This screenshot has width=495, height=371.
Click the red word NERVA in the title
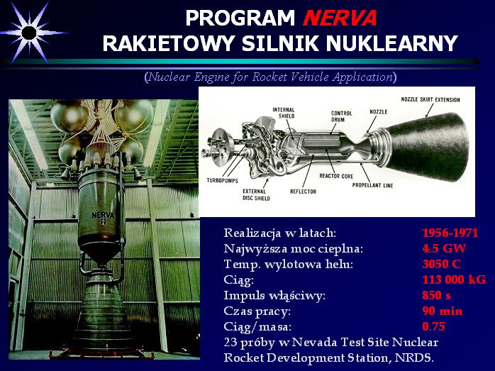[x=340, y=18]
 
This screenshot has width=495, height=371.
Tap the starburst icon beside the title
[x=29, y=33]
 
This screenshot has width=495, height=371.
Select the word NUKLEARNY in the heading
[x=391, y=43]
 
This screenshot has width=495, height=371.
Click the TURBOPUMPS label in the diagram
[x=222, y=181]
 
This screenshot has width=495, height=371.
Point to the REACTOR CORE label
[x=336, y=176]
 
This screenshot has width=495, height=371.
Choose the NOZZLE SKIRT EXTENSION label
[x=430, y=100]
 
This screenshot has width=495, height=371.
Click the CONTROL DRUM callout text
[x=341, y=116]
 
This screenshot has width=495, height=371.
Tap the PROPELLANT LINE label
[x=372, y=185]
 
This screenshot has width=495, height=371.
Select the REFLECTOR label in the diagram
[x=303, y=192]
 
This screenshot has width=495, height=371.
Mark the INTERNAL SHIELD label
[x=284, y=113]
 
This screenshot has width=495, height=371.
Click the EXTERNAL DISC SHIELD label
[x=256, y=195]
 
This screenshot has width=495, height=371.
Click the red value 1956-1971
[x=450, y=233]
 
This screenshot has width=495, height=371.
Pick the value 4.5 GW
[x=444, y=248]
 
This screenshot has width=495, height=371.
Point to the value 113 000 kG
[x=454, y=279]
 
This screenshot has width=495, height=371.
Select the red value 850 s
[x=436, y=295]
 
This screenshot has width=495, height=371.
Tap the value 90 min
[x=443, y=311]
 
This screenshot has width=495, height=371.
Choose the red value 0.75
[x=433, y=326]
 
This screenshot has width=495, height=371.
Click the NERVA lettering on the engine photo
[x=103, y=216]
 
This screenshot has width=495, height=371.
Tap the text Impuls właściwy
[x=274, y=296]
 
